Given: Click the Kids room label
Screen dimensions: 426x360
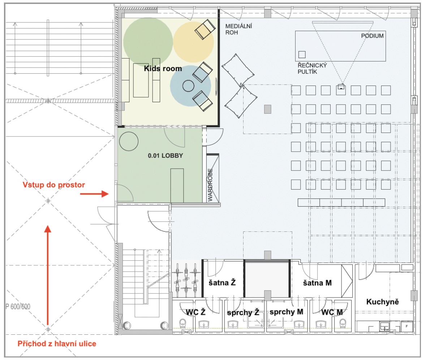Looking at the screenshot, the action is pos(163,68).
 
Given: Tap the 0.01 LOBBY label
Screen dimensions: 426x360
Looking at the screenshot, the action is pos(165,156).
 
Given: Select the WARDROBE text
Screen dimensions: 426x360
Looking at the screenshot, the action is pos(210,185).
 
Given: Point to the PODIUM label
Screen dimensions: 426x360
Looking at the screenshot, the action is pos(372,35).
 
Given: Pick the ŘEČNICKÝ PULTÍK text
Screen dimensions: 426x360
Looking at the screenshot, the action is pos(312,68).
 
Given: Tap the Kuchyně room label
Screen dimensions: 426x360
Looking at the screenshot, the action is pos(382,302).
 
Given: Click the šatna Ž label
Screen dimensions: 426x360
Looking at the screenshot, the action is pos(222,283).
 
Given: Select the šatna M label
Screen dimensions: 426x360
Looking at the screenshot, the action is pos(317,283).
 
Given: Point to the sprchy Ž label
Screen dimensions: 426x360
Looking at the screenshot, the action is pos(243,313).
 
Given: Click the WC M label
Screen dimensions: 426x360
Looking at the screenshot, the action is pos(332,312).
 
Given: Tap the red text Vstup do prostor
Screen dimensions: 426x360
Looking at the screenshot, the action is pos(54,185).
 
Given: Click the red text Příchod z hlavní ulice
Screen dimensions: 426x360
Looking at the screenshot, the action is pos(57,344).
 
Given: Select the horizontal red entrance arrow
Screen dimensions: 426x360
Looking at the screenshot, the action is pos(94,194).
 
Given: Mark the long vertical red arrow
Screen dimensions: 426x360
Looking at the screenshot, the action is pos(48,275).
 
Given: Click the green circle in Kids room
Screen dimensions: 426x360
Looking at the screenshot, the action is pos(148,42).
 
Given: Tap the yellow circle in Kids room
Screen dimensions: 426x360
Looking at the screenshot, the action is pos(193,42).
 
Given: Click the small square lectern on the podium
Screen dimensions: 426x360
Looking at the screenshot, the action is pos(302,55).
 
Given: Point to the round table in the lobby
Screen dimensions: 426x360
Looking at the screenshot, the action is pos(129,142).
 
